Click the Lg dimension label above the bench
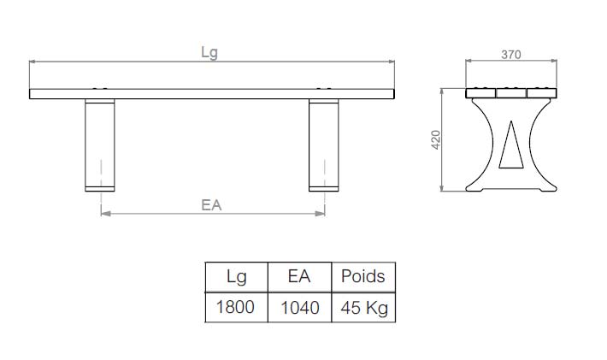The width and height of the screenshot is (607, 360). [x=209, y=52]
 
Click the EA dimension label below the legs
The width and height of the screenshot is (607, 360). [x=211, y=204]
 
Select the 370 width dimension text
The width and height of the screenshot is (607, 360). [x=511, y=55]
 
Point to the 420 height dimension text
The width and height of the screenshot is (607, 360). [x=436, y=139]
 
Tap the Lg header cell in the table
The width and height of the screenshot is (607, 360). [x=237, y=277]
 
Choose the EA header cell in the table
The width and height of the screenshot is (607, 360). [x=299, y=277]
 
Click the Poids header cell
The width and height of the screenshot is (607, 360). [x=363, y=277]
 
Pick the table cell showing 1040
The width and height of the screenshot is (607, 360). [x=299, y=307]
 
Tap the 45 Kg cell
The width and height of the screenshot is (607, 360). [x=363, y=307]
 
